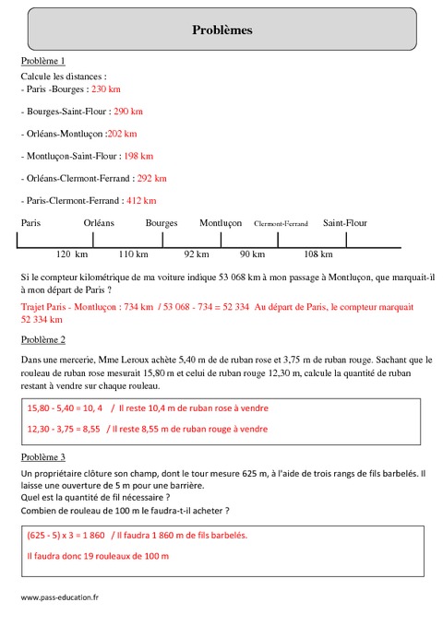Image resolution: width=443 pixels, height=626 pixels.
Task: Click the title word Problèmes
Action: coord(221,30)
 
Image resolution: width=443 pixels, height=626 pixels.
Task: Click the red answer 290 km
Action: coord(126,111)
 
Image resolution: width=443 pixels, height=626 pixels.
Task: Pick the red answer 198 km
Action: coord(138,156)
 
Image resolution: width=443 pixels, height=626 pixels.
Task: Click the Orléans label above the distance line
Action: coord(99,223)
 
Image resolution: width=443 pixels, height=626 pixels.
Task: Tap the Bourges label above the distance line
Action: coord(162,223)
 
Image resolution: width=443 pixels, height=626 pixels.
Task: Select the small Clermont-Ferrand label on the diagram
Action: coord(281,223)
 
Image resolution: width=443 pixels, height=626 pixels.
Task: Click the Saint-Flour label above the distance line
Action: coord(345,223)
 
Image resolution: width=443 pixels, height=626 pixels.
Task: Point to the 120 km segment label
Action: coord(71,254)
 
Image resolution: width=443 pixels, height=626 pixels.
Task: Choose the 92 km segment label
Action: coord(197,254)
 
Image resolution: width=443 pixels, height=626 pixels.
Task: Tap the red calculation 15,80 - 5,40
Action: coord(54,407)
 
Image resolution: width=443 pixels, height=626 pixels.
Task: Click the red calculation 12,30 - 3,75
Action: coord(54,429)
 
